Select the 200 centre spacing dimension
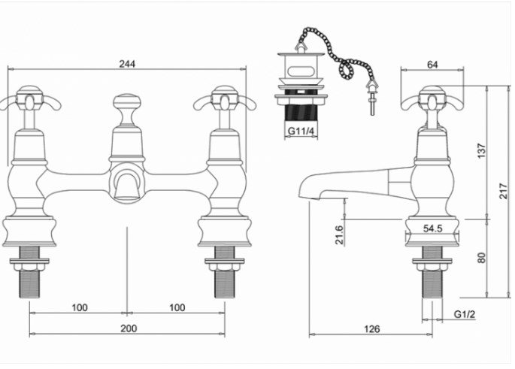[128, 328]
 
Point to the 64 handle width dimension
[432, 65]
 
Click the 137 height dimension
[481, 150]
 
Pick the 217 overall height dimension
[503, 192]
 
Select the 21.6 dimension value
[339, 234]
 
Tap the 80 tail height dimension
[481, 257]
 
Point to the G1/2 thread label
[464, 314]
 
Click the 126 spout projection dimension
[371, 328]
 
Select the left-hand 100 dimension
[80, 307]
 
